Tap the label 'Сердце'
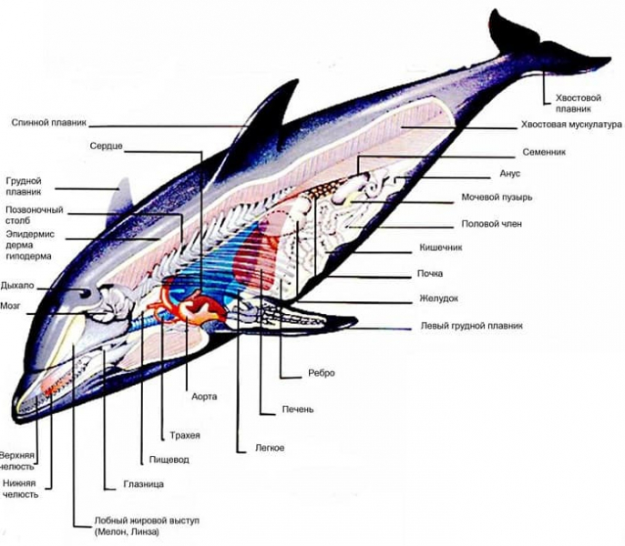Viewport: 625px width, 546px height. pos(107,146)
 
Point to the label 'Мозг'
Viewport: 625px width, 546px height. pos(11,307)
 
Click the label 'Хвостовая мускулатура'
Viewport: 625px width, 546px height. pos(570,125)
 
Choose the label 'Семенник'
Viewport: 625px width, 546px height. pos(544,153)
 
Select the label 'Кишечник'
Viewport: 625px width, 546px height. pos(442,247)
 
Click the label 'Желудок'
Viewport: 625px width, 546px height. pos(438,298)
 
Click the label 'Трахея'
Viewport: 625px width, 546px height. pos(185,435)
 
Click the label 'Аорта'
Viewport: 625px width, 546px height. pos(205,397)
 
